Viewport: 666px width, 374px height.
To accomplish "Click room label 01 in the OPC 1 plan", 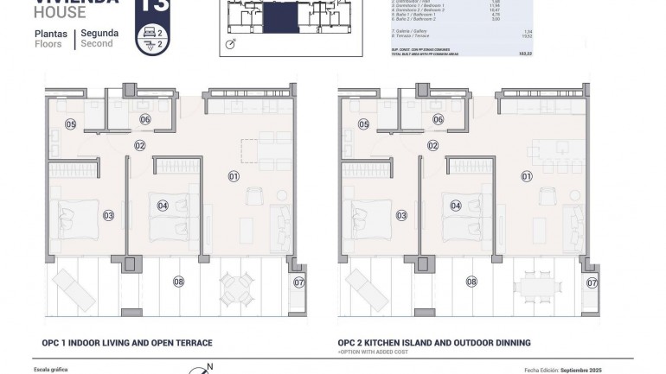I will [x=234, y=176].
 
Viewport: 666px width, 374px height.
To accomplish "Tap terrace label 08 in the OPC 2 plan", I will [x=471, y=281].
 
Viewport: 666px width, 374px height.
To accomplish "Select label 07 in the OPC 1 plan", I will [x=299, y=282].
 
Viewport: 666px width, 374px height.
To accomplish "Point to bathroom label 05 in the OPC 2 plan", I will [x=363, y=124].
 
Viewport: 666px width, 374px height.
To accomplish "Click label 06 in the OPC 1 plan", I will [x=145, y=119].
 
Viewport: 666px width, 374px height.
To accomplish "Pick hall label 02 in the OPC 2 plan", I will [x=432, y=146].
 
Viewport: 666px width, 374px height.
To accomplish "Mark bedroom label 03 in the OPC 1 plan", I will [x=108, y=215].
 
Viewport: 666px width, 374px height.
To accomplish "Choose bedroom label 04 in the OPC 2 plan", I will [x=455, y=206].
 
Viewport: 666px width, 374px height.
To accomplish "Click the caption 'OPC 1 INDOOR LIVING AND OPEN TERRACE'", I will [x=126, y=343].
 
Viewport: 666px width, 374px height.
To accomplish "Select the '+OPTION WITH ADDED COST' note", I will [x=372, y=352].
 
